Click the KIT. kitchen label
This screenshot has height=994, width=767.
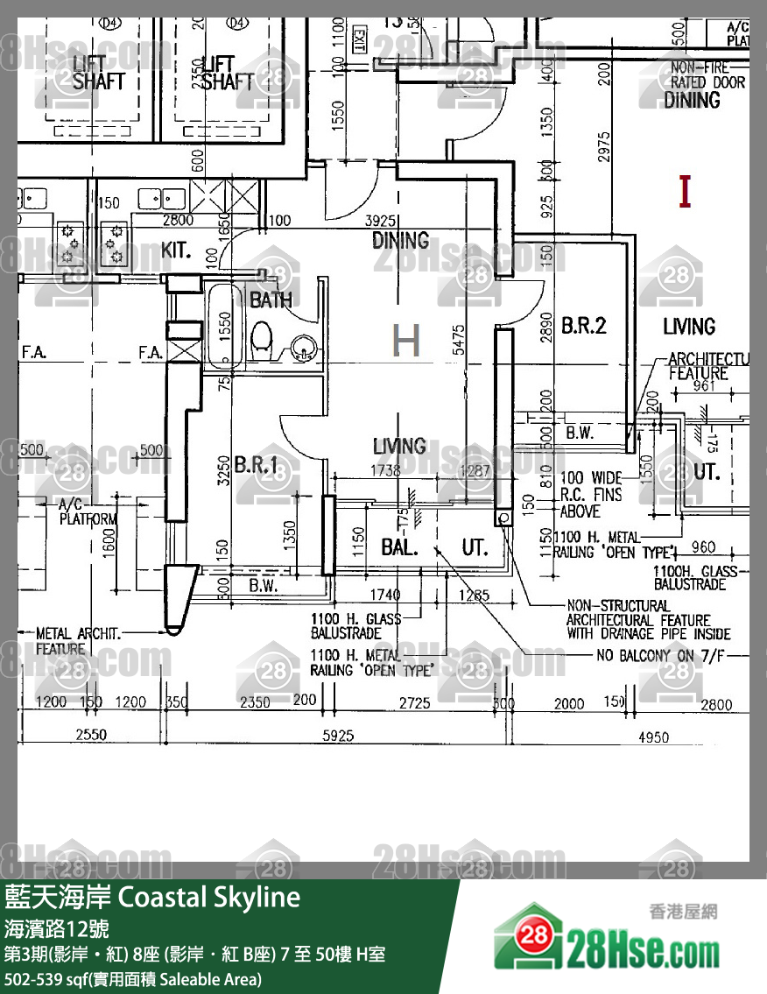[x=176, y=250]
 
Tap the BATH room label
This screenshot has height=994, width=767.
[x=271, y=300]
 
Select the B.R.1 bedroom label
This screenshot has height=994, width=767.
[x=256, y=464]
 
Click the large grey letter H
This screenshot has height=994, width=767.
[x=406, y=341]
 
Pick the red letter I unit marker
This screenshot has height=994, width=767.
[x=685, y=191]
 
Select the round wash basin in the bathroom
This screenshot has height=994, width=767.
[x=303, y=348]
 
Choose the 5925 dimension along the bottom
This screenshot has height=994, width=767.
[x=338, y=737]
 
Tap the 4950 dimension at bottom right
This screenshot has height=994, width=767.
[x=653, y=737]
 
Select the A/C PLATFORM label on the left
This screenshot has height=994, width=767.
[x=88, y=512]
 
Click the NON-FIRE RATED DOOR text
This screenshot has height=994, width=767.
[x=707, y=75]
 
